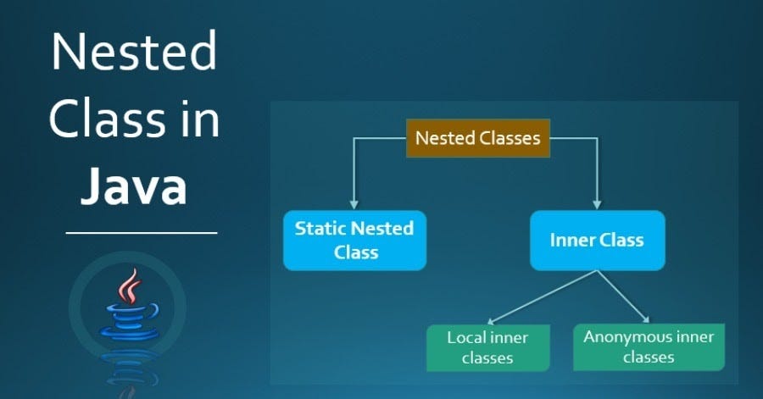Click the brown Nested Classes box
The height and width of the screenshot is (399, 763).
pyautogui.click(x=478, y=138)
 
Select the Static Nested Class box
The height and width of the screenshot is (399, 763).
pyautogui.click(x=354, y=240)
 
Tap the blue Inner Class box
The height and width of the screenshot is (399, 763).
pyautogui.click(x=597, y=240)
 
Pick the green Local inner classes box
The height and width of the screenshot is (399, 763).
pyautogui.click(x=488, y=348)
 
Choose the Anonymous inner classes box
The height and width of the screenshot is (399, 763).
pyautogui.click(x=649, y=347)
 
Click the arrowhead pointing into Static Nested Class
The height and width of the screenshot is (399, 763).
pyautogui.click(x=354, y=204)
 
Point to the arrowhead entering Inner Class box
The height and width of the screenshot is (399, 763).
pyautogui.click(x=597, y=204)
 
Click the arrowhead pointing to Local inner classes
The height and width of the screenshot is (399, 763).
pyautogui.click(x=491, y=321)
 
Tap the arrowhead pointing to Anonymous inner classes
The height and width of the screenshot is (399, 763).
pyautogui.click(x=646, y=319)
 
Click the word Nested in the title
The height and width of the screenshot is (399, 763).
pyautogui.click(x=134, y=51)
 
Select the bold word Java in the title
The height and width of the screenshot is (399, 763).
pyautogui.click(x=134, y=186)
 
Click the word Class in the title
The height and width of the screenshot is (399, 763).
pyautogui.click(x=107, y=119)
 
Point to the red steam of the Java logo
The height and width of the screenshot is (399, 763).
pyautogui.click(x=129, y=286)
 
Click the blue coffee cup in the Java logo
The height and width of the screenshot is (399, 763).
pyautogui.click(x=130, y=322)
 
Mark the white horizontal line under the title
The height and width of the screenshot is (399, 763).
pyautogui.click(x=141, y=233)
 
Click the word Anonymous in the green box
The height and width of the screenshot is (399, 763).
pyautogui.click(x=621, y=337)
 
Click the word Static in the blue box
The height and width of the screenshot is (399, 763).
pyautogui.click(x=320, y=228)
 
